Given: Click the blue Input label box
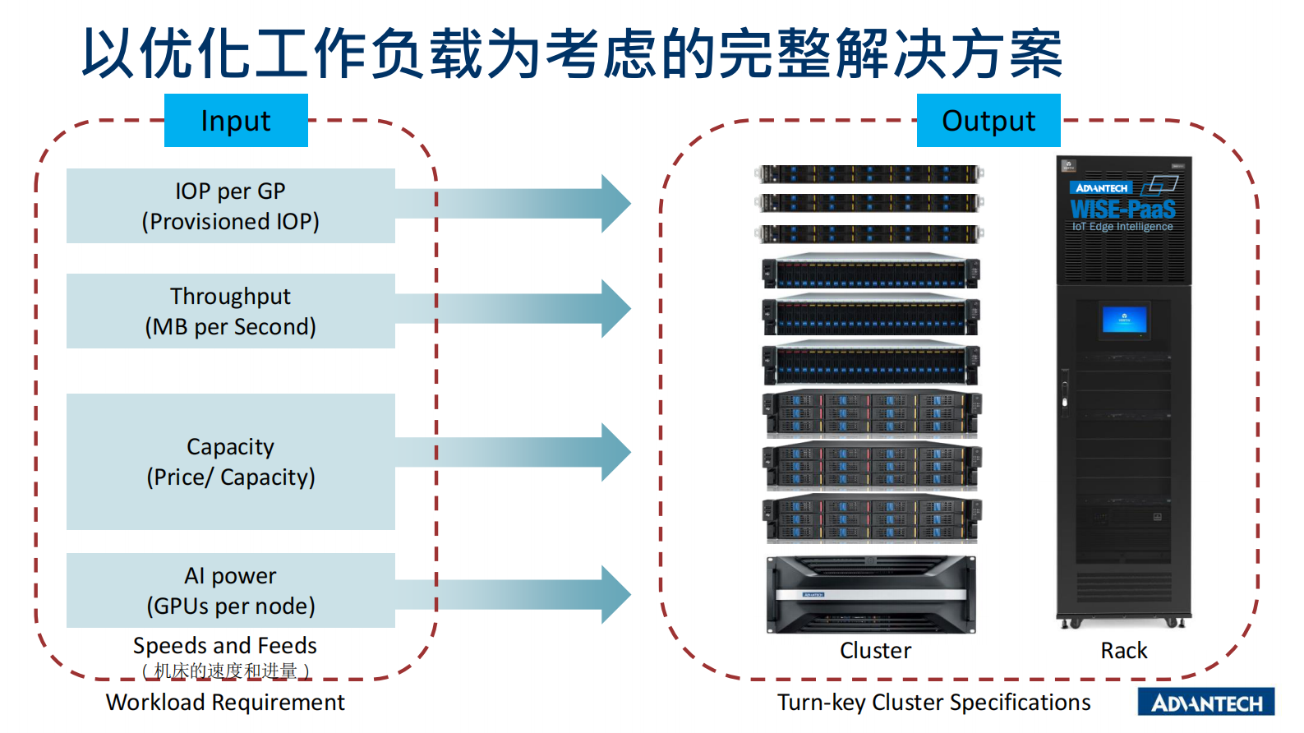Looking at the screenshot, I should click(236, 121).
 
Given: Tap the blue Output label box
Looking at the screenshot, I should click(988, 121).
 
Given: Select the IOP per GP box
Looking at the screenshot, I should click(230, 205).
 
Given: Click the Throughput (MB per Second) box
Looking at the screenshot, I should click(230, 311).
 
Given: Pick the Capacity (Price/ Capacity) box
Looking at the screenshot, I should click(230, 461).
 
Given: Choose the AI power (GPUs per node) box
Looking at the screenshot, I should click(230, 590).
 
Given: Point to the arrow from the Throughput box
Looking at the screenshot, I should click(526, 309).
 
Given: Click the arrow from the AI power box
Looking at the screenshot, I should click(526, 594).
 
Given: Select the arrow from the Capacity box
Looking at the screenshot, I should click(526, 452).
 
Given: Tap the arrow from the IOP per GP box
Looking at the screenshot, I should click(526, 203).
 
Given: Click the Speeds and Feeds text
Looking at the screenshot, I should click(224, 646).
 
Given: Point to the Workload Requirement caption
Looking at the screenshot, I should click(225, 703).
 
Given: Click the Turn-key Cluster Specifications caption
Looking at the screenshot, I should click(933, 703).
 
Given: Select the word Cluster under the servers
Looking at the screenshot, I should click(875, 651).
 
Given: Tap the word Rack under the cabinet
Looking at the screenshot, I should click(1123, 651).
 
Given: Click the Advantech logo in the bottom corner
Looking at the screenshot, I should click(1205, 703).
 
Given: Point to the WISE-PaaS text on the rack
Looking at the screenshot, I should click(1122, 210).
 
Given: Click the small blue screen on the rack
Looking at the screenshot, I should click(1124, 320).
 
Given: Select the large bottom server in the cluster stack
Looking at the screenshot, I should click(871, 595).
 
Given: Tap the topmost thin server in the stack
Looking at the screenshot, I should click(869, 174).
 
